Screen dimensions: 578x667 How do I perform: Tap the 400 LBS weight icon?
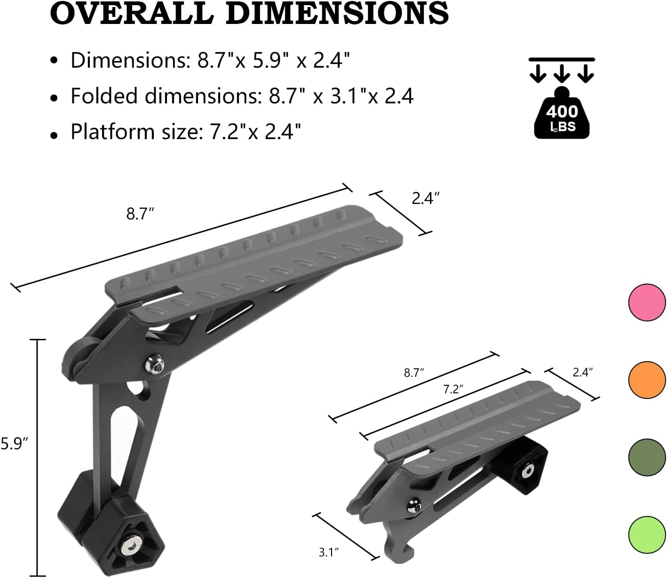pyautogui.click(x=562, y=113)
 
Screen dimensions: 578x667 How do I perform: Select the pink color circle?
pyautogui.click(x=647, y=303)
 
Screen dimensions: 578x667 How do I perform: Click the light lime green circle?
pyautogui.click(x=647, y=534)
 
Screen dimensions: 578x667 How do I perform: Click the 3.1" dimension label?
pyautogui.click(x=329, y=552)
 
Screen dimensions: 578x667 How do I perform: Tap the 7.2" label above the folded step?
pyautogui.click(x=453, y=389)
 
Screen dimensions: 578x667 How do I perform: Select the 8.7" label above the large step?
pyautogui.click(x=140, y=214)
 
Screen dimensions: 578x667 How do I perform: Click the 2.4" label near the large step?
pyautogui.click(x=425, y=199)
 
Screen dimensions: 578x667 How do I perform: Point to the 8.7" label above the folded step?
pyautogui.click(x=414, y=373)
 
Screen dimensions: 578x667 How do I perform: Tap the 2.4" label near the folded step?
pyautogui.click(x=582, y=372)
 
